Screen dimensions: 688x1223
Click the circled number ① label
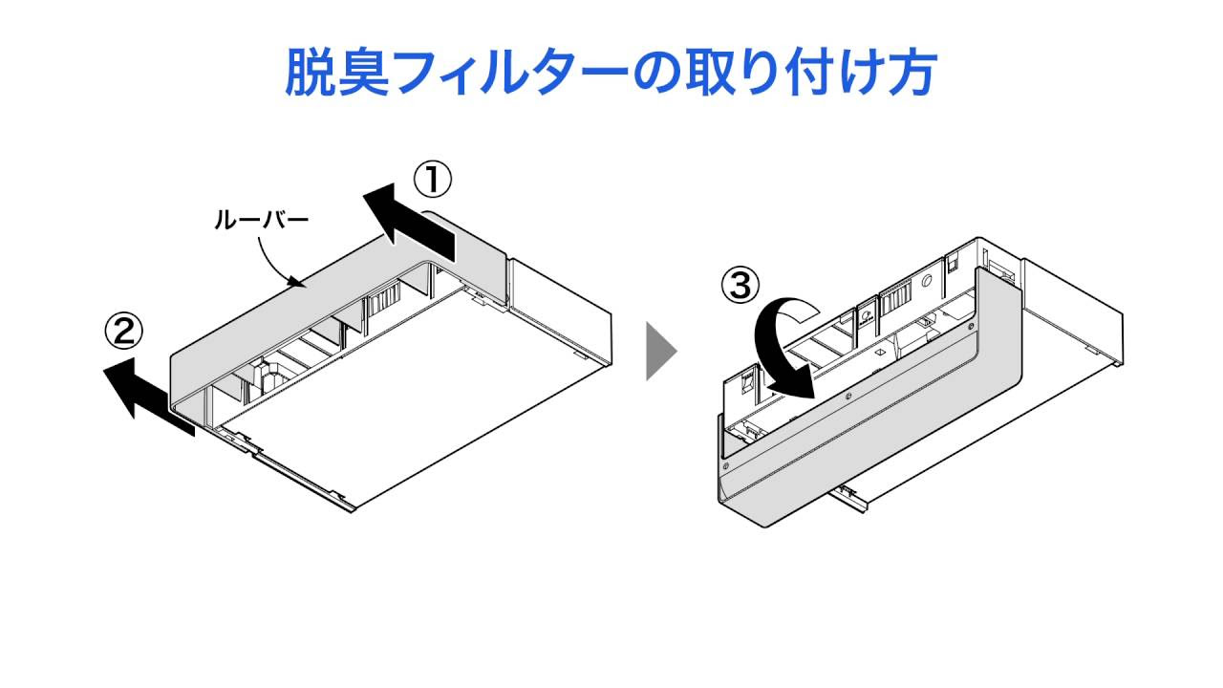tap(431, 178)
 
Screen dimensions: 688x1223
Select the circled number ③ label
tap(742, 284)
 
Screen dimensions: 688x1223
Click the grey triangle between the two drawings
tap(659, 351)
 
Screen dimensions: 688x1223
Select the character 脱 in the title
tap(314, 72)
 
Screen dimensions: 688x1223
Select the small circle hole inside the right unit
tap(926, 283)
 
